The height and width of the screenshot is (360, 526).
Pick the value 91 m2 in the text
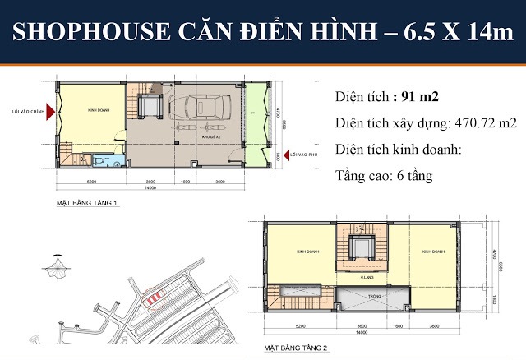[x=419, y=97]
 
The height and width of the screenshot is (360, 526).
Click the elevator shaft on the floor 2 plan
[x=359, y=249]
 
